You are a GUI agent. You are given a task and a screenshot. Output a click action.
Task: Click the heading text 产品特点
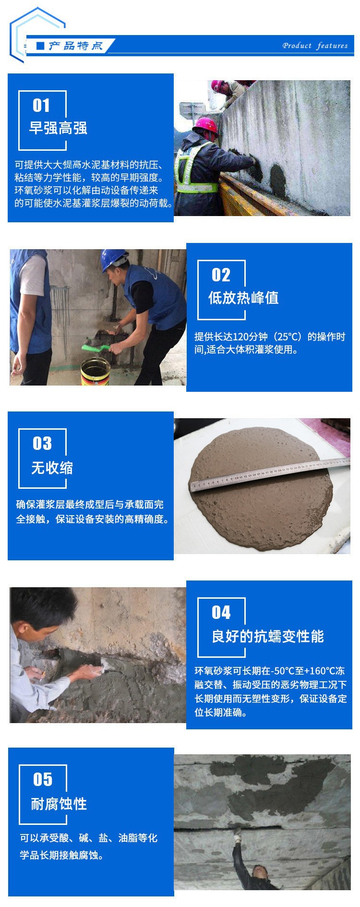point(75,46)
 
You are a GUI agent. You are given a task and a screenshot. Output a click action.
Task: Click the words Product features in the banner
point(315,46)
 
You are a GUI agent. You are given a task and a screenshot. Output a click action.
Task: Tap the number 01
point(41,105)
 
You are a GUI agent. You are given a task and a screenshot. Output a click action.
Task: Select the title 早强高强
point(58,128)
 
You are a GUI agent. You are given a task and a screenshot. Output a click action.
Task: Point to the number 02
point(221,275)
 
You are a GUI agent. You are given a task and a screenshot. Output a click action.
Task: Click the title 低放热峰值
point(243,298)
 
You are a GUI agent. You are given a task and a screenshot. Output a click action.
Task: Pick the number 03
point(42,443)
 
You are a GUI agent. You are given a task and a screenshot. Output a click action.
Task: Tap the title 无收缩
point(52,467)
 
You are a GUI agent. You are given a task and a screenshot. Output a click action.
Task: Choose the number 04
point(221,612)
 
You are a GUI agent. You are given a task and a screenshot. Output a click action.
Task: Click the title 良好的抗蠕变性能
point(268,636)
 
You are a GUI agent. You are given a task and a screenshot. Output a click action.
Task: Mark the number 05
point(42,779)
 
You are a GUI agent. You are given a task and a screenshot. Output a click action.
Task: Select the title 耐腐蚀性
point(59,803)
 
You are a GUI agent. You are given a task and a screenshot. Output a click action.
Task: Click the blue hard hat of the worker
point(114,260)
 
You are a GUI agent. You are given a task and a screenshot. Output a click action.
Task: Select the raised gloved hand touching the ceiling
point(236,832)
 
